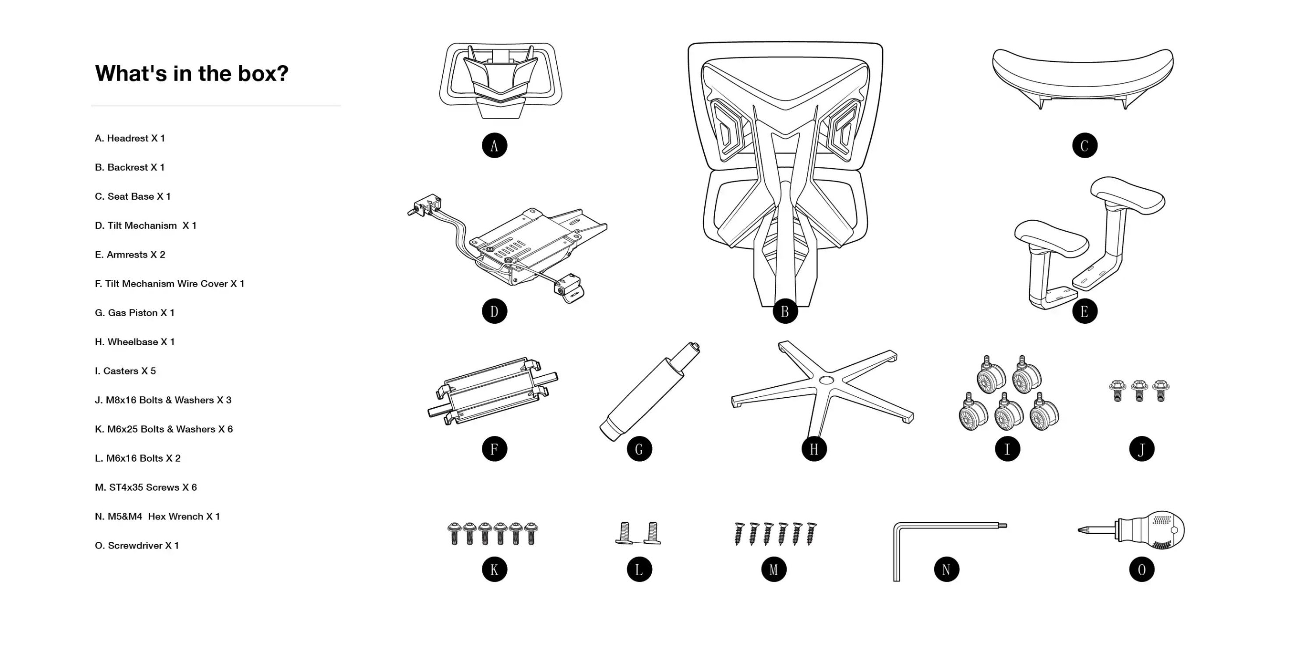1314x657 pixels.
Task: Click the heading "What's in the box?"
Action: (x=191, y=74)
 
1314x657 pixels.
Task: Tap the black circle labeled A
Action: (x=494, y=146)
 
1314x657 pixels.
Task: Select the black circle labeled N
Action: (x=946, y=570)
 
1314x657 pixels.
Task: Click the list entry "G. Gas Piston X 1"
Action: (x=134, y=313)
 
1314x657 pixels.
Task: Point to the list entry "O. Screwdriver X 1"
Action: (x=137, y=545)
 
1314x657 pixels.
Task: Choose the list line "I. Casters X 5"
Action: (x=125, y=371)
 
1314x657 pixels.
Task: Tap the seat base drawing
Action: (x=1082, y=77)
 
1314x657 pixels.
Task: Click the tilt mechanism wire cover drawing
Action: (x=492, y=392)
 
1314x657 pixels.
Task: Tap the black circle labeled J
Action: (x=1141, y=449)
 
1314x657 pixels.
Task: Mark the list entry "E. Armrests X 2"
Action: (x=130, y=254)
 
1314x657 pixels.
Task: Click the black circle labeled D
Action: (x=494, y=312)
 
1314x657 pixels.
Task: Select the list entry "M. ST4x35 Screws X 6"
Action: (x=146, y=487)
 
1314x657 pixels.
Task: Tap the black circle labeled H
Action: (x=814, y=449)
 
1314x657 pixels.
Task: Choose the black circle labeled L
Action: (x=639, y=570)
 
